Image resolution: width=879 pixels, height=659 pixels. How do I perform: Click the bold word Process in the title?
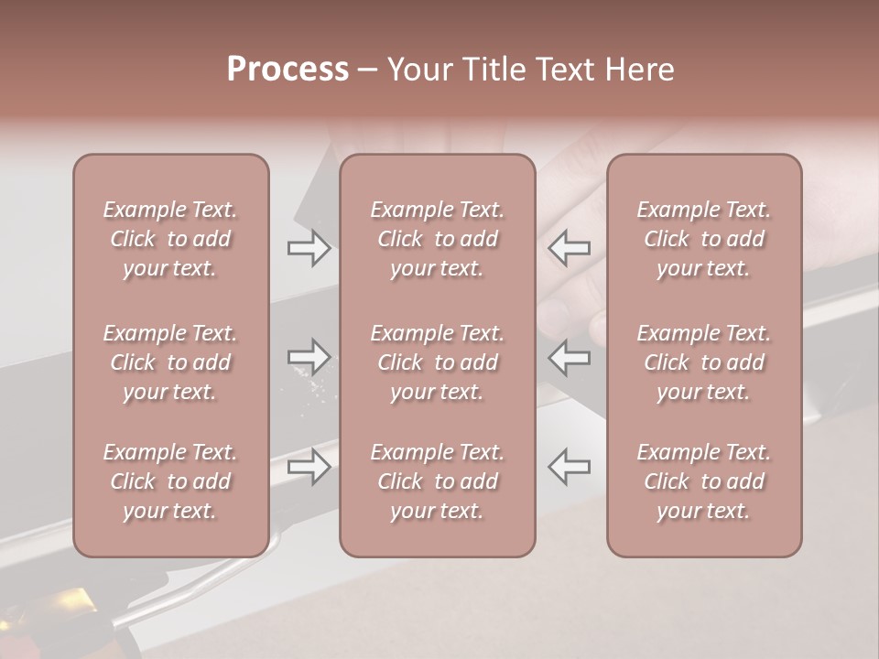[288, 70]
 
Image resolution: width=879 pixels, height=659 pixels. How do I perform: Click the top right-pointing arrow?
[309, 248]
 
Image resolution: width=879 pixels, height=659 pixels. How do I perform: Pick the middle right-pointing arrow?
[309, 357]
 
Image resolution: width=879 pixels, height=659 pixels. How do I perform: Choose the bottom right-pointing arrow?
[309, 467]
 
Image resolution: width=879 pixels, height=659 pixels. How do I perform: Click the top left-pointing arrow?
[570, 248]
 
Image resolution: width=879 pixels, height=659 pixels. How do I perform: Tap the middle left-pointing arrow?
[570, 357]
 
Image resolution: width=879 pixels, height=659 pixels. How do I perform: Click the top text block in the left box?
[170, 239]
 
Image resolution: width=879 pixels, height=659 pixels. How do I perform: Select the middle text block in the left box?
[170, 362]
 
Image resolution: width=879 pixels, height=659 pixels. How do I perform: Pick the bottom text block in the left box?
[170, 481]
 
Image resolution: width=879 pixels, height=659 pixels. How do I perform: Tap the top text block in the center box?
[438, 239]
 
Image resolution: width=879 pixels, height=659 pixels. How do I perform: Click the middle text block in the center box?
[438, 362]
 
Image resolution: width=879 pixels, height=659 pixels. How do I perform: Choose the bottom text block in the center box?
[438, 481]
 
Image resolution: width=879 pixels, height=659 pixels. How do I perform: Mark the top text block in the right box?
[704, 239]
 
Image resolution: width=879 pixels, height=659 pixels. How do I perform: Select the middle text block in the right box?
[704, 362]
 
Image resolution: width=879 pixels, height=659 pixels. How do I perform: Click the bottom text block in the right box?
[704, 481]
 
